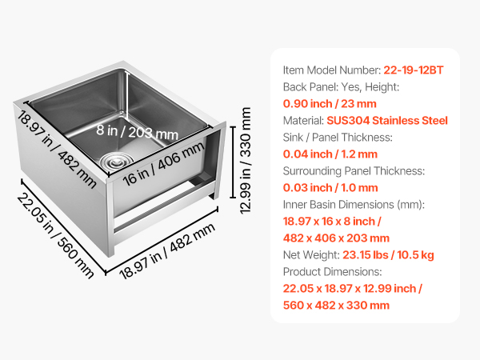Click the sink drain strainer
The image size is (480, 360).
coord(117,160)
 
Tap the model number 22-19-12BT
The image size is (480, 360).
coord(414,70)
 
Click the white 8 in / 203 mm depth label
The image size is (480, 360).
coord(137,132)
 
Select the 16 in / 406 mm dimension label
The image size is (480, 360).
coord(163,164)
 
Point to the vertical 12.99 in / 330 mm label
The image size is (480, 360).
coord(246,161)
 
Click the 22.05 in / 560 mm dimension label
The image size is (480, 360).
coord(55,236)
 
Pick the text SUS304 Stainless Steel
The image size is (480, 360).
coord(387,120)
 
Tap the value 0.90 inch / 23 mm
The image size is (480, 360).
coord(330,104)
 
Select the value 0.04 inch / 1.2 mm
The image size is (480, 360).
coord(330,154)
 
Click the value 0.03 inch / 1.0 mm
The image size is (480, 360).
coord(330,188)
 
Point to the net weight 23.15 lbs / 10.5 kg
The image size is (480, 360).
coord(388,255)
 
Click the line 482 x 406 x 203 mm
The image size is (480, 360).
coord(336,238)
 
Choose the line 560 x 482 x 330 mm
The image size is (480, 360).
coord(336,306)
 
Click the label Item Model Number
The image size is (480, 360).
coord(332,70)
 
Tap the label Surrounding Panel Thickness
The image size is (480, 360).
coord(354,171)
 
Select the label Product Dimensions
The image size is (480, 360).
coord(333,271)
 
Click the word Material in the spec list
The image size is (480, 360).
coord(303,120)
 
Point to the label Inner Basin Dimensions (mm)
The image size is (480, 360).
coord(354,205)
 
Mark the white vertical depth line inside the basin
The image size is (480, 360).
coord(126,93)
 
